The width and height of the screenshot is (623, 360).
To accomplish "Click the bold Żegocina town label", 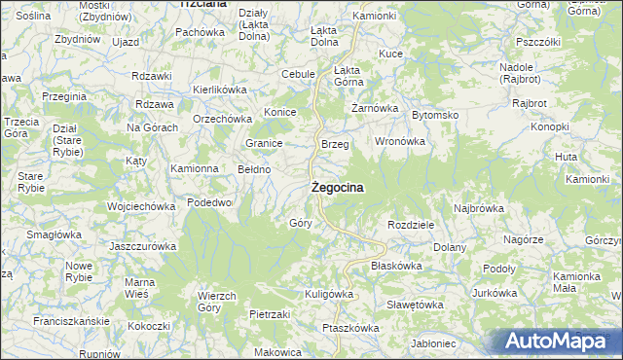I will (x=339, y=189).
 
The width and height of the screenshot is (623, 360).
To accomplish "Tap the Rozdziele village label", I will (x=410, y=224).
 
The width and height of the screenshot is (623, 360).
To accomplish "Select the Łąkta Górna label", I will (x=348, y=76).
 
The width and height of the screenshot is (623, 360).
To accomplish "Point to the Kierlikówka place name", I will (x=220, y=89).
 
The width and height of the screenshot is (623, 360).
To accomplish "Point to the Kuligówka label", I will (x=328, y=293).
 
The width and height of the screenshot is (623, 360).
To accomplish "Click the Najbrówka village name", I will (x=478, y=208).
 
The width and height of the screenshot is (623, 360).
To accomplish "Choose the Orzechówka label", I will (x=222, y=120).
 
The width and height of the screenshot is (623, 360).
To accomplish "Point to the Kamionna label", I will (x=195, y=168).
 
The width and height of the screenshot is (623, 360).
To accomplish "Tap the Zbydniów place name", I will (x=79, y=40).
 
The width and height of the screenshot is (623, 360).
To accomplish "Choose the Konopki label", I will (x=550, y=126).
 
